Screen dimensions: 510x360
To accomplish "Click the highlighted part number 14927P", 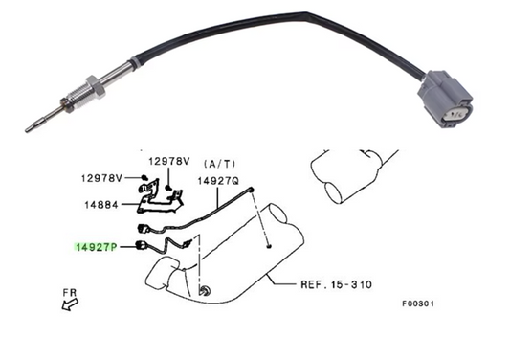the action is [x=95, y=246].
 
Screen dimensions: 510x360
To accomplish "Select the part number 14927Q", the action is [x=218, y=179].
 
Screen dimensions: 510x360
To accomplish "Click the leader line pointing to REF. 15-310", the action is [x=282, y=281].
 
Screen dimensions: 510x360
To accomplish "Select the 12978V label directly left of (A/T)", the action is [x=167, y=162].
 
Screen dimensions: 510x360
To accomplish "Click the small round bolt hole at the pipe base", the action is [x=204, y=288].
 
